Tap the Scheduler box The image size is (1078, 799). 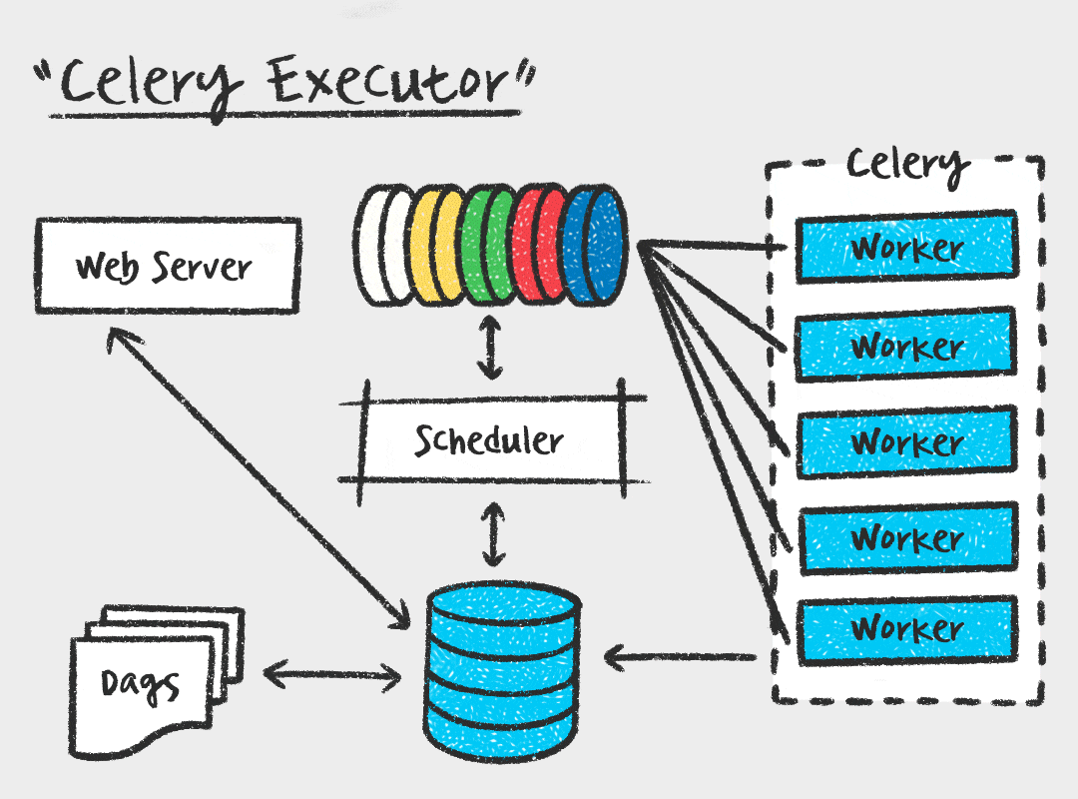(x=489, y=439)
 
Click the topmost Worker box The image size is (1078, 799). (x=905, y=246)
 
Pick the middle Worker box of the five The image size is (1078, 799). (x=905, y=440)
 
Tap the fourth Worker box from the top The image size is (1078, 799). (x=905, y=537)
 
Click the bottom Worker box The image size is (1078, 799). (x=905, y=628)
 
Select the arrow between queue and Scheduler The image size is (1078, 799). (x=489, y=347)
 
